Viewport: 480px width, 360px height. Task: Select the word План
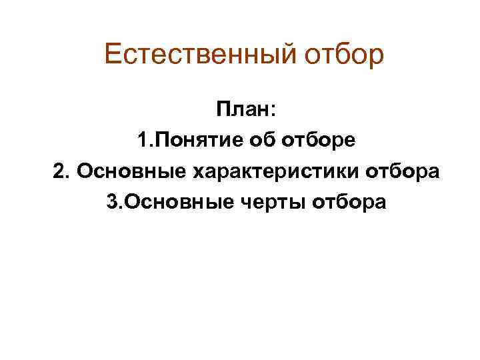pos(237,109)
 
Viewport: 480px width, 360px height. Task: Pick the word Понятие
pos(193,141)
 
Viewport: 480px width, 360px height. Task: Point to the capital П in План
pos(221,109)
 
